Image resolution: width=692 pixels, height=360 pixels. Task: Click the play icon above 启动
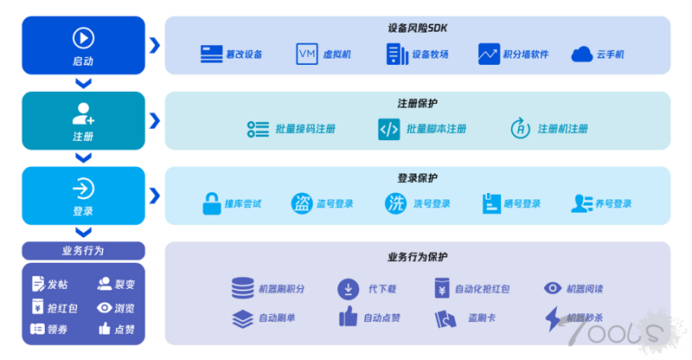coord(83,38)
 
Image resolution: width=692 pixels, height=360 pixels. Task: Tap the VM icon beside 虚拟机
coord(307,54)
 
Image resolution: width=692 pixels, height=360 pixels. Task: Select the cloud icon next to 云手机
coord(581,55)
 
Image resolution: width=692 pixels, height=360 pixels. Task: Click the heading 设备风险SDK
coord(417,29)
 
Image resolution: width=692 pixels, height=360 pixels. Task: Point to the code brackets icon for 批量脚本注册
coord(388,129)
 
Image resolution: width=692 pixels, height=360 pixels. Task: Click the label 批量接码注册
coord(305,129)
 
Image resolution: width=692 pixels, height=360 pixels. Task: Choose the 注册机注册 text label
coord(563,129)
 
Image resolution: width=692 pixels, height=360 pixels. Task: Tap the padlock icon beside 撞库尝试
coord(211,203)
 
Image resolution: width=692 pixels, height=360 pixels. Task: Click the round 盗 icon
coord(302,203)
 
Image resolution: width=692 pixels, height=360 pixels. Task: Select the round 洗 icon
coord(395,203)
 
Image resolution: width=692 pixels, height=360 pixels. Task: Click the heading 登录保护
coord(417,178)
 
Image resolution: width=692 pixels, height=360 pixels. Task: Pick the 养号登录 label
coord(613,203)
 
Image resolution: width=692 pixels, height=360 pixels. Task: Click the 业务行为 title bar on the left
coord(83,250)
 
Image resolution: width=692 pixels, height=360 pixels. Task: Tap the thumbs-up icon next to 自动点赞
coord(348,316)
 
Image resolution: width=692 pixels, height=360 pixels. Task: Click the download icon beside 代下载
coord(349,289)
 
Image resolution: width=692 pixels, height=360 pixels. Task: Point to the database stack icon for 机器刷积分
coord(243,288)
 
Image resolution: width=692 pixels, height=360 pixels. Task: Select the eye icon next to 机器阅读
coord(552,288)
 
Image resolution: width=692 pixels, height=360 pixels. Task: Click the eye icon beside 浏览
coord(104,307)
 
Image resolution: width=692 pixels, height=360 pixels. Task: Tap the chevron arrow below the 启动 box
coord(83,83)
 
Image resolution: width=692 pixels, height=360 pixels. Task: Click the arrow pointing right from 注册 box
coord(155,120)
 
